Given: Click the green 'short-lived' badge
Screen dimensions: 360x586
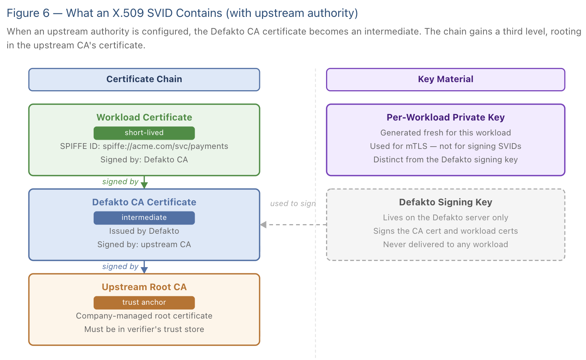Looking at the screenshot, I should pyautogui.click(x=144, y=133).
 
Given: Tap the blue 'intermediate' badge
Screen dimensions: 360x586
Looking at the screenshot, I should pyautogui.click(x=144, y=218).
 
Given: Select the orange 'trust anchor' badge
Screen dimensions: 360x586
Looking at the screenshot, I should pyautogui.click(x=144, y=302).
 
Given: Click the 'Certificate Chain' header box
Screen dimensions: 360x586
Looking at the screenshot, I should pyautogui.click(x=144, y=79).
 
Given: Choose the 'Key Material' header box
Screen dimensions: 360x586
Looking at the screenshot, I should pyautogui.click(x=445, y=79).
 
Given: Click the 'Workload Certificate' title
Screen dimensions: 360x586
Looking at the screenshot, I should pyautogui.click(x=144, y=117).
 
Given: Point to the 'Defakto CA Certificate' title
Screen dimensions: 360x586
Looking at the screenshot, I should pyautogui.click(x=144, y=202).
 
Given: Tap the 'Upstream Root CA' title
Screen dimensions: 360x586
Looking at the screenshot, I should pyautogui.click(x=144, y=287).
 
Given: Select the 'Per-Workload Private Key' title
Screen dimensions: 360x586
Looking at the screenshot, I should pyautogui.click(x=445, y=117).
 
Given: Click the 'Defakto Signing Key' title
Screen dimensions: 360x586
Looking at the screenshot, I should pyautogui.click(x=445, y=202).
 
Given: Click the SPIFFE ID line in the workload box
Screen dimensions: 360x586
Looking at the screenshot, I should pyautogui.click(x=144, y=146).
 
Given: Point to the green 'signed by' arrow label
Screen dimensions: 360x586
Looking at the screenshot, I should pyautogui.click(x=120, y=182).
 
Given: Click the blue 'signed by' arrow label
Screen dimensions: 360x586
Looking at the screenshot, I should pyautogui.click(x=120, y=266).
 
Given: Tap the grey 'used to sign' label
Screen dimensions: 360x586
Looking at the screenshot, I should pyautogui.click(x=293, y=203).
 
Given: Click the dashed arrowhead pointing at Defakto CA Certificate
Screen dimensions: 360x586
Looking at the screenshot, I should pyautogui.click(x=263, y=225).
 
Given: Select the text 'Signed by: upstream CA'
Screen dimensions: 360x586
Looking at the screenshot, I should pyautogui.click(x=144, y=244).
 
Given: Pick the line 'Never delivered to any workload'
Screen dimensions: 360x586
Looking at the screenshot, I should pyautogui.click(x=445, y=244).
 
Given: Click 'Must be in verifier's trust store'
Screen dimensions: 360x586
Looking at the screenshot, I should pyautogui.click(x=144, y=329).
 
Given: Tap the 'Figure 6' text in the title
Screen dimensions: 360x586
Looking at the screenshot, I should pyautogui.click(x=28, y=13).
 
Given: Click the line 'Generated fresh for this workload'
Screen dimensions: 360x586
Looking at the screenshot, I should pyautogui.click(x=445, y=133).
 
